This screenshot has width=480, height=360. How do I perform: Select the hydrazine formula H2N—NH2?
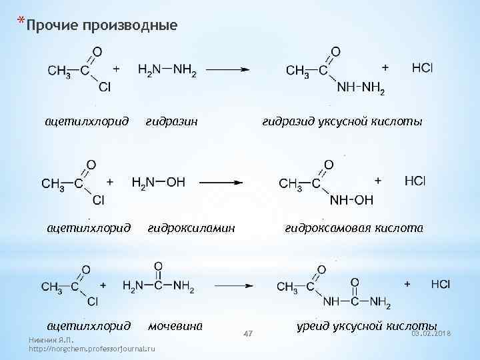167,70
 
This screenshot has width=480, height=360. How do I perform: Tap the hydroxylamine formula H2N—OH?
159,182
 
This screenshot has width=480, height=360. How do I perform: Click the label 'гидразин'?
172,122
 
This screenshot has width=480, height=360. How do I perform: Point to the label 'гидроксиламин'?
191,228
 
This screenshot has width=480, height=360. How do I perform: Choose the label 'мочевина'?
175,326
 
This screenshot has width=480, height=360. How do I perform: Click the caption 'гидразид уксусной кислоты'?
342,122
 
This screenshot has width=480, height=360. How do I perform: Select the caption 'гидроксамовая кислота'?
353,228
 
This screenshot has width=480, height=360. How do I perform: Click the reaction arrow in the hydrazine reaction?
227,69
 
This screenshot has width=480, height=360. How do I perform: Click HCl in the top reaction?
422,68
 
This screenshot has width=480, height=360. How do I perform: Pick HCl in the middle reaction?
415,181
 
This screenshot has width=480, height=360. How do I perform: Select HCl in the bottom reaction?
441,285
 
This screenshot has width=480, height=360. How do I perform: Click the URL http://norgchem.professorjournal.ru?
92,349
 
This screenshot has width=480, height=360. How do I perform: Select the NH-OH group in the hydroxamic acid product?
351,200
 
